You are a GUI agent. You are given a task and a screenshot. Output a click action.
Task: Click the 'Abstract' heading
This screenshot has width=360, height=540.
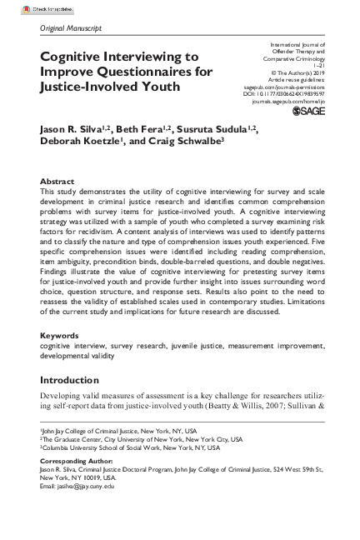[57, 181]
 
